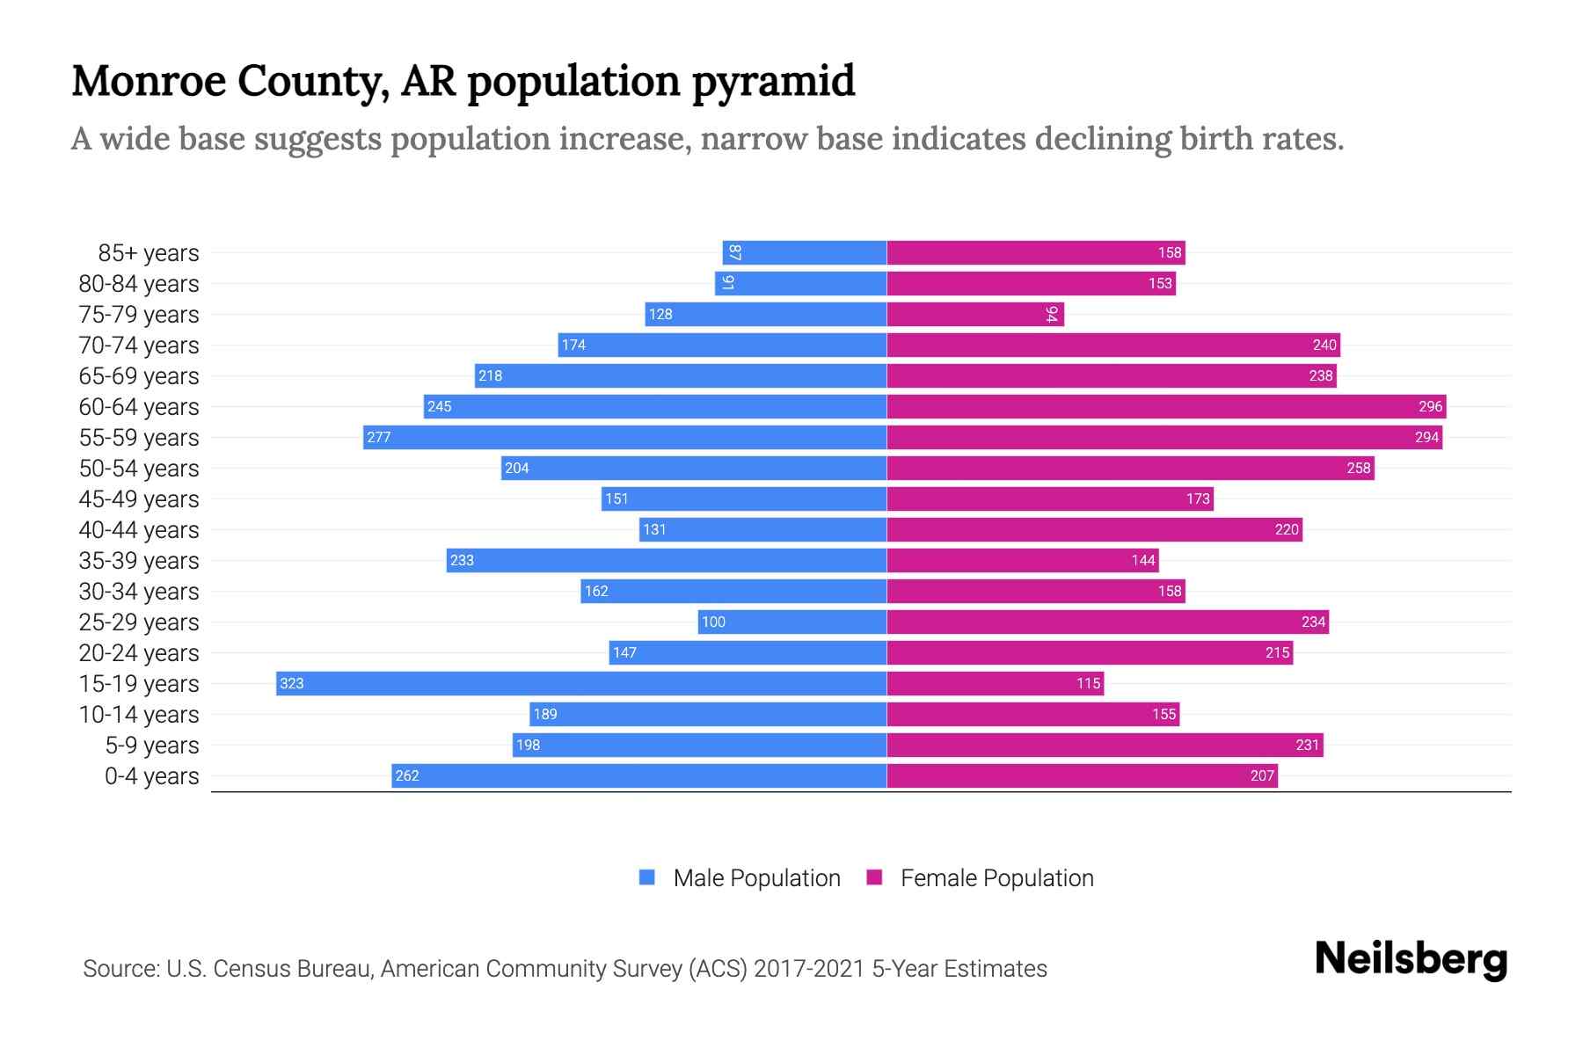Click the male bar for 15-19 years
pos(580,683)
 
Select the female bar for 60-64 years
pos(1165,406)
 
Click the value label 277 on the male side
pos(379,437)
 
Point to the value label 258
pos(1358,468)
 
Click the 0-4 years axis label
pos(151,776)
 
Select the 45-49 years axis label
pos(139,499)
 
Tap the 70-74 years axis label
pos(139,346)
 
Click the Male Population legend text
pos(756,878)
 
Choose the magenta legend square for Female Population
pos(874,877)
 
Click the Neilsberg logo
pos(1411,959)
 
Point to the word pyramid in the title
pos(772,81)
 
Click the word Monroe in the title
pos(149,81)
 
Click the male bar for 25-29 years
pos(791,622)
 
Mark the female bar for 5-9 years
pos(1104,745)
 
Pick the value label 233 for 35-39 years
pos(462,560)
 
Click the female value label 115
pos(1088,683)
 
